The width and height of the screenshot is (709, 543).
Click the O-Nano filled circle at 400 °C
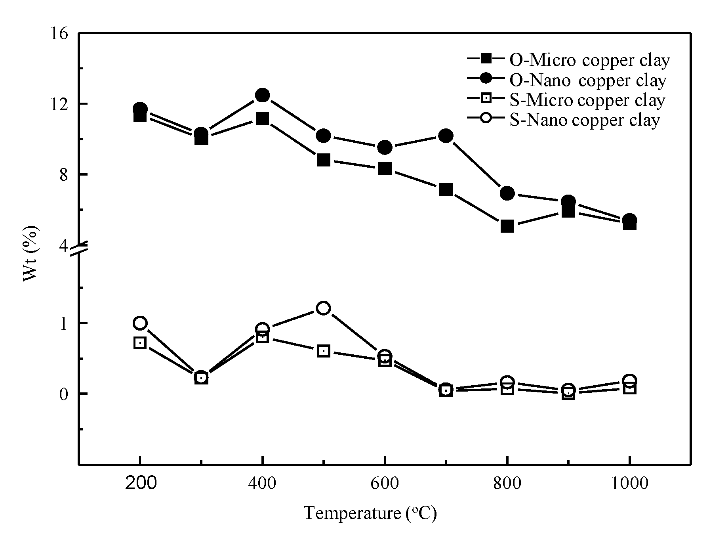click(262, 95)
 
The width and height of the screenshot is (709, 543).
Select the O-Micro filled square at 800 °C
click(507, 226)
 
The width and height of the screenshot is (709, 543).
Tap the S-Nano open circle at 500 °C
click(324, 308)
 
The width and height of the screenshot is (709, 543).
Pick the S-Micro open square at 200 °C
click(140, 343)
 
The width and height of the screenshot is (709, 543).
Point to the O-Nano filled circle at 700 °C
click(446, 136)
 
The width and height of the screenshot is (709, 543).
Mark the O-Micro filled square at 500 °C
click(324, 160)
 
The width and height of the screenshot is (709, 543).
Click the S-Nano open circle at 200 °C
click(140, 323)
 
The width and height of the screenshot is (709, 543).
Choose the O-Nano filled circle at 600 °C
click(385, 147)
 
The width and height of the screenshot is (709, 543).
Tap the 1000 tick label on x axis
click(629, 484)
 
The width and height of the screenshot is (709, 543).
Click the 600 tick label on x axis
click(385, 484)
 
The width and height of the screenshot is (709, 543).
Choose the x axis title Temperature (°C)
click(370, 513)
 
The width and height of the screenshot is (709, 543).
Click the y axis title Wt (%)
click(31, 254)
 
